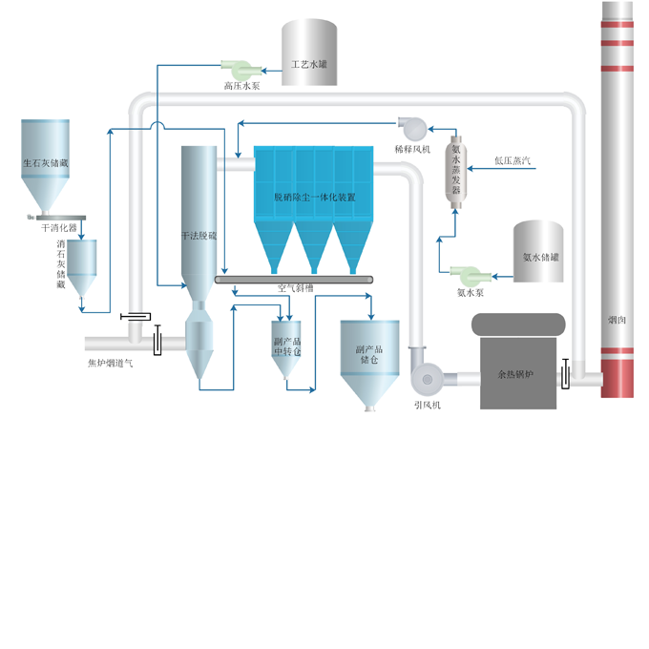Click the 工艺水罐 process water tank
point(309,52)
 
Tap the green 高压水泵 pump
point(241,70)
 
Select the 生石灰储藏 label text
point(46,163)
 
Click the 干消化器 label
point(59,228)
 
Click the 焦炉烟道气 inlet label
point(110,364)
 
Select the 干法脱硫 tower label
point(199,236)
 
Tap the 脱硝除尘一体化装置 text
point(315,198)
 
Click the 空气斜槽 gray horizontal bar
point(294,280)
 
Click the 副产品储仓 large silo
point(369,365)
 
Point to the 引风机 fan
point(428,378)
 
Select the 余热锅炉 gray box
point(518,373)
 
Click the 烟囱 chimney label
point(617,320)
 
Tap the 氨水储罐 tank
point(538,251)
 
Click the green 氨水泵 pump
point(471,276)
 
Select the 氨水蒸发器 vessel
point(455,172)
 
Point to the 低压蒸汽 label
point(513,160)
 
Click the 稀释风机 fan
point(412,128)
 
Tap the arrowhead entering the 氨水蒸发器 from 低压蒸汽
point(470,169)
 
